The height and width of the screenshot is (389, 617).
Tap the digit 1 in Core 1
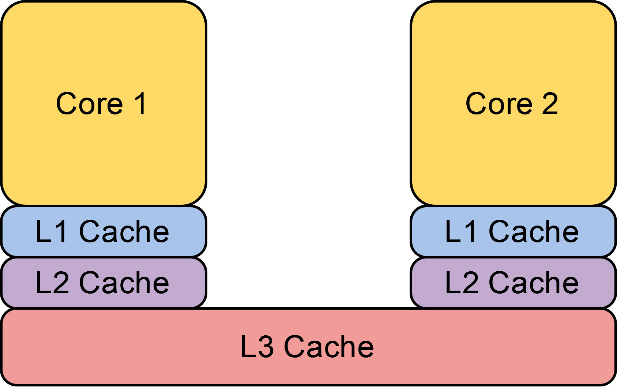coord(141,104)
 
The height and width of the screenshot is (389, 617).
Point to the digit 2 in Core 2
coord(550,104)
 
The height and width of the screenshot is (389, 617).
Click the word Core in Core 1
coord(89,104)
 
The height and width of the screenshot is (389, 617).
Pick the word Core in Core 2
coord(499,104)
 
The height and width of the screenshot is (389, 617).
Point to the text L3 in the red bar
coord(256,347)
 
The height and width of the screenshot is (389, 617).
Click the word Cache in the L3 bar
coord(328,347)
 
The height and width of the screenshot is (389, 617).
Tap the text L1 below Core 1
coord(51,231)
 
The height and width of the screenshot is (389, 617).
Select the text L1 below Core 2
coord(461,231)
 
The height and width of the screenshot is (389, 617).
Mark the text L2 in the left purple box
coord(52,283)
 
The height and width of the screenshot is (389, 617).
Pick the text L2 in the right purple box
coord(461,283)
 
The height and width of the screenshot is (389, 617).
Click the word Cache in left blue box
coord(124,231)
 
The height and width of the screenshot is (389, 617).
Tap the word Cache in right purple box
coord(534,283)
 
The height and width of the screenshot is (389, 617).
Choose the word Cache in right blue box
coord(534,231)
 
